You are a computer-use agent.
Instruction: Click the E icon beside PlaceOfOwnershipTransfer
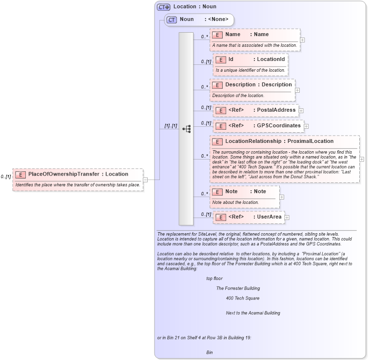(21, 174)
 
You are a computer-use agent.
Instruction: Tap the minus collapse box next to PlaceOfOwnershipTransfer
(145, 180)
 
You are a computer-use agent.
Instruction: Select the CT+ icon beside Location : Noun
(163, 7)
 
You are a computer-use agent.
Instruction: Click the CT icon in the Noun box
(171, 20)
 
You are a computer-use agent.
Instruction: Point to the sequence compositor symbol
(186, 129)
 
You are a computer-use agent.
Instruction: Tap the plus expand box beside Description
(297, 90)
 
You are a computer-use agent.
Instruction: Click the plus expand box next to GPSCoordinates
(306, 126)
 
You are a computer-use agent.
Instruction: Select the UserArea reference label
(269, 217)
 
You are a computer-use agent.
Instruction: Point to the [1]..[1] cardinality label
(171, 126)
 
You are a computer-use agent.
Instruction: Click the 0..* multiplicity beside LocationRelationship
(204, 157)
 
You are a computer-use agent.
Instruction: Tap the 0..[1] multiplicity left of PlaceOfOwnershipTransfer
(6, 177)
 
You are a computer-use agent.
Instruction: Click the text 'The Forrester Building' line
(238, 288)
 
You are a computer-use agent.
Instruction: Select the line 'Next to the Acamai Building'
(252, 313)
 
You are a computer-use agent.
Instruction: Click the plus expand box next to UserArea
(287, 218)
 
